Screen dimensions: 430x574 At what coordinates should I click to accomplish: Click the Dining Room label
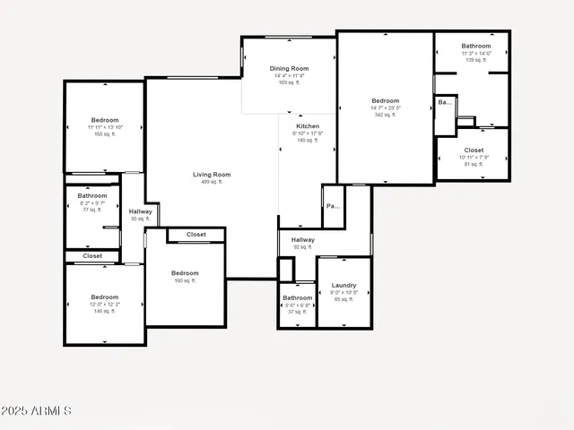coord(289,68)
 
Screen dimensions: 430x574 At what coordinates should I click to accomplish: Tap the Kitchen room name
coord(308,126)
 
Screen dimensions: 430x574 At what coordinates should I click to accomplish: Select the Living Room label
coord(212,175)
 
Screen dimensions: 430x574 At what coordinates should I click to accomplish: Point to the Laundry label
coord(344,285)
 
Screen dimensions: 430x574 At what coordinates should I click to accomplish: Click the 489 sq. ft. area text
coord(212,182)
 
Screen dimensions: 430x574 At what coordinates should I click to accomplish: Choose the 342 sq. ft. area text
coord(385,115)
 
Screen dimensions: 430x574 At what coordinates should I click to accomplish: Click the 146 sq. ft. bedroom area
coord(104,311)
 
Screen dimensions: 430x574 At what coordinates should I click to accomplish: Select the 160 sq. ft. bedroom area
coord(185,280)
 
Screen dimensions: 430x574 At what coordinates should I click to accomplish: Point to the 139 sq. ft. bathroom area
coord(475,60)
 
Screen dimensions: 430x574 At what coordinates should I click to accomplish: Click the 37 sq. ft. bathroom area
coord(297,312)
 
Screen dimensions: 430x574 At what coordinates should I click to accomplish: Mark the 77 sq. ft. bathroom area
coord(91,210)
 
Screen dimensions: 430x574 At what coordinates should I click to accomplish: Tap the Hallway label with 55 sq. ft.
coord(140,211)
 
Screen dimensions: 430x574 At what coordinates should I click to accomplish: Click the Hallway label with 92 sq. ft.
coord(302,240)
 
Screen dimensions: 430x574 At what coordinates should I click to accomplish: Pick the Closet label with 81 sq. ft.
coord(474,150)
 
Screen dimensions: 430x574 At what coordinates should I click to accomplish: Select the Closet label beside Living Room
coord(196,235)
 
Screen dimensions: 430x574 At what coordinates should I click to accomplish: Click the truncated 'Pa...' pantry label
coord(333,206)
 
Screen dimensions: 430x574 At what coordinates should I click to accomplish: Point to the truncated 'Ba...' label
coord(445,102)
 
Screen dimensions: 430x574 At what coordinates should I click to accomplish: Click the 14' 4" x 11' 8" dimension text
coord(289,75)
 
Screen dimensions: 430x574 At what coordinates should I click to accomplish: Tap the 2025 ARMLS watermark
coord(36,411)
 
